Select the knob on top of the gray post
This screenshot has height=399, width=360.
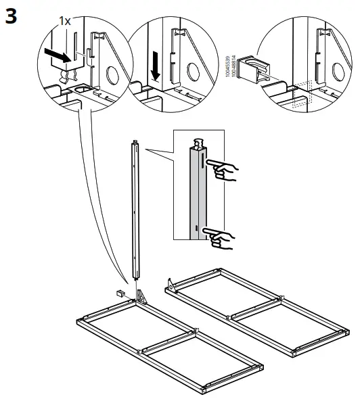tap(200, 143)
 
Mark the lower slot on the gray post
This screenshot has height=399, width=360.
tap(197, 229)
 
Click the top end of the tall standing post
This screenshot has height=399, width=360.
tap(135, 143)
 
